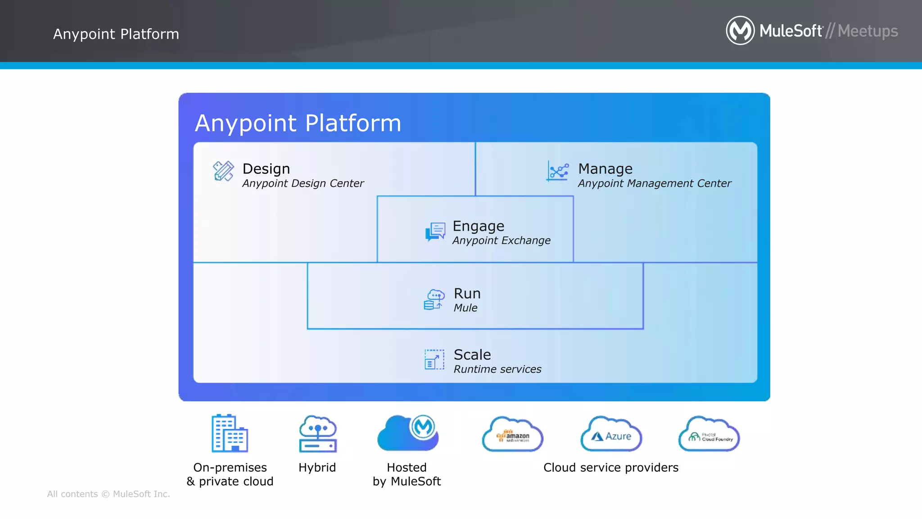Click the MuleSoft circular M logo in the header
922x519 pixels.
pyautogui.click(x=740, y=31)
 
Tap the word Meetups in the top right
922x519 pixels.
pyautogui.click(x=868, y=31)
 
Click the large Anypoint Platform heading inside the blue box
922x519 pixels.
pyautogui.click(x=298, y=123)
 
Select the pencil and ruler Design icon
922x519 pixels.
pyautogui.click(x=223, y=171)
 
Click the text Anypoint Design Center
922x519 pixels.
pyautogui.click(x=303, y=183)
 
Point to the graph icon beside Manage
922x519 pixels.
pyautogui.click(x=558, y=171)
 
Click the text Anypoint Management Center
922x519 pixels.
pyautogui.click(x=654, y=183)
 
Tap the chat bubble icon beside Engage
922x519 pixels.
pyautogui.click(x=435, y=232)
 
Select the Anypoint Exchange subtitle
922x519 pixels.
pyautogui.click(x=501, y=241)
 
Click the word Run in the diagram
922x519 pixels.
pyautogui.click(x=467, y=293)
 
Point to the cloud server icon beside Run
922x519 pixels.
pyautogui.click(x=434, y=300)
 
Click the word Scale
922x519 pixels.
pyautogui.click(x=472, y=355)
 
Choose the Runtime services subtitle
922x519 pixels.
pyautogui.click(x=497, y=369)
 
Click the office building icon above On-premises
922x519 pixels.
pyautogui.click(x=230, y=433)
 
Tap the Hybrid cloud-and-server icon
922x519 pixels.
pyautogui.click(x=318, y=434)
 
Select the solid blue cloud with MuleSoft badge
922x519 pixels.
pyautogui.click(x=408, y=433)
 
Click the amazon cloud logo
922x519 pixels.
pyautogui.click(x=513, y=435)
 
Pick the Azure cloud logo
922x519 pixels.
pyautogui.click(x=611, y=435)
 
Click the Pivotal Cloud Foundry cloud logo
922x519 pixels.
pyautogui.click(x=709, y=435)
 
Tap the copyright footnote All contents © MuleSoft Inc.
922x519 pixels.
pyautogui.click(x=108, y=494)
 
